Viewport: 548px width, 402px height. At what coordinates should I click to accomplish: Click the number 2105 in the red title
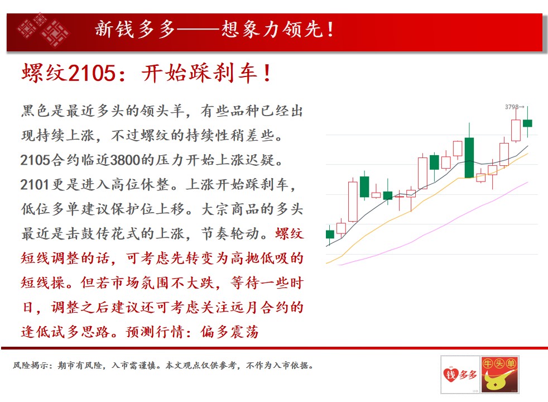click(x=92, y=73)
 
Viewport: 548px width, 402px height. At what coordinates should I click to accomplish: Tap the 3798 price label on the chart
click(x=512, y=107)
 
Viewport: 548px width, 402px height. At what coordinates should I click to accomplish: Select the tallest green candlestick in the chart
click(x=469, y=157)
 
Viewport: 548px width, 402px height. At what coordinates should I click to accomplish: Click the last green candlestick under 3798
click(x=527, y=123)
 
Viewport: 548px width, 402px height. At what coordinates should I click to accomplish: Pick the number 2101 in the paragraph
click(x=34, y=185)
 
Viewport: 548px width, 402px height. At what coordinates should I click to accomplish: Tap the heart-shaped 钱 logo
click(x=451, y=375)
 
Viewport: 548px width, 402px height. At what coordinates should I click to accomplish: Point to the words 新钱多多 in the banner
click(x=135, y=29)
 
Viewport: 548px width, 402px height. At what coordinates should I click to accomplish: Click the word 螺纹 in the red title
click(x=44, y=73)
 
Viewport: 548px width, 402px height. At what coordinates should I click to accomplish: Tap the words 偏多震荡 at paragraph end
click(x=229, y=332)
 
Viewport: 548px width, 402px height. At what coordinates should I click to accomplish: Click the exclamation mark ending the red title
click(x=267, y=73)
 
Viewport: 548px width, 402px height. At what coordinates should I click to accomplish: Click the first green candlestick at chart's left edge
click(x=330, y=234)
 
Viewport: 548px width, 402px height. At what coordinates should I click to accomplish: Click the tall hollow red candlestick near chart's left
click(x=353, y=201)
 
